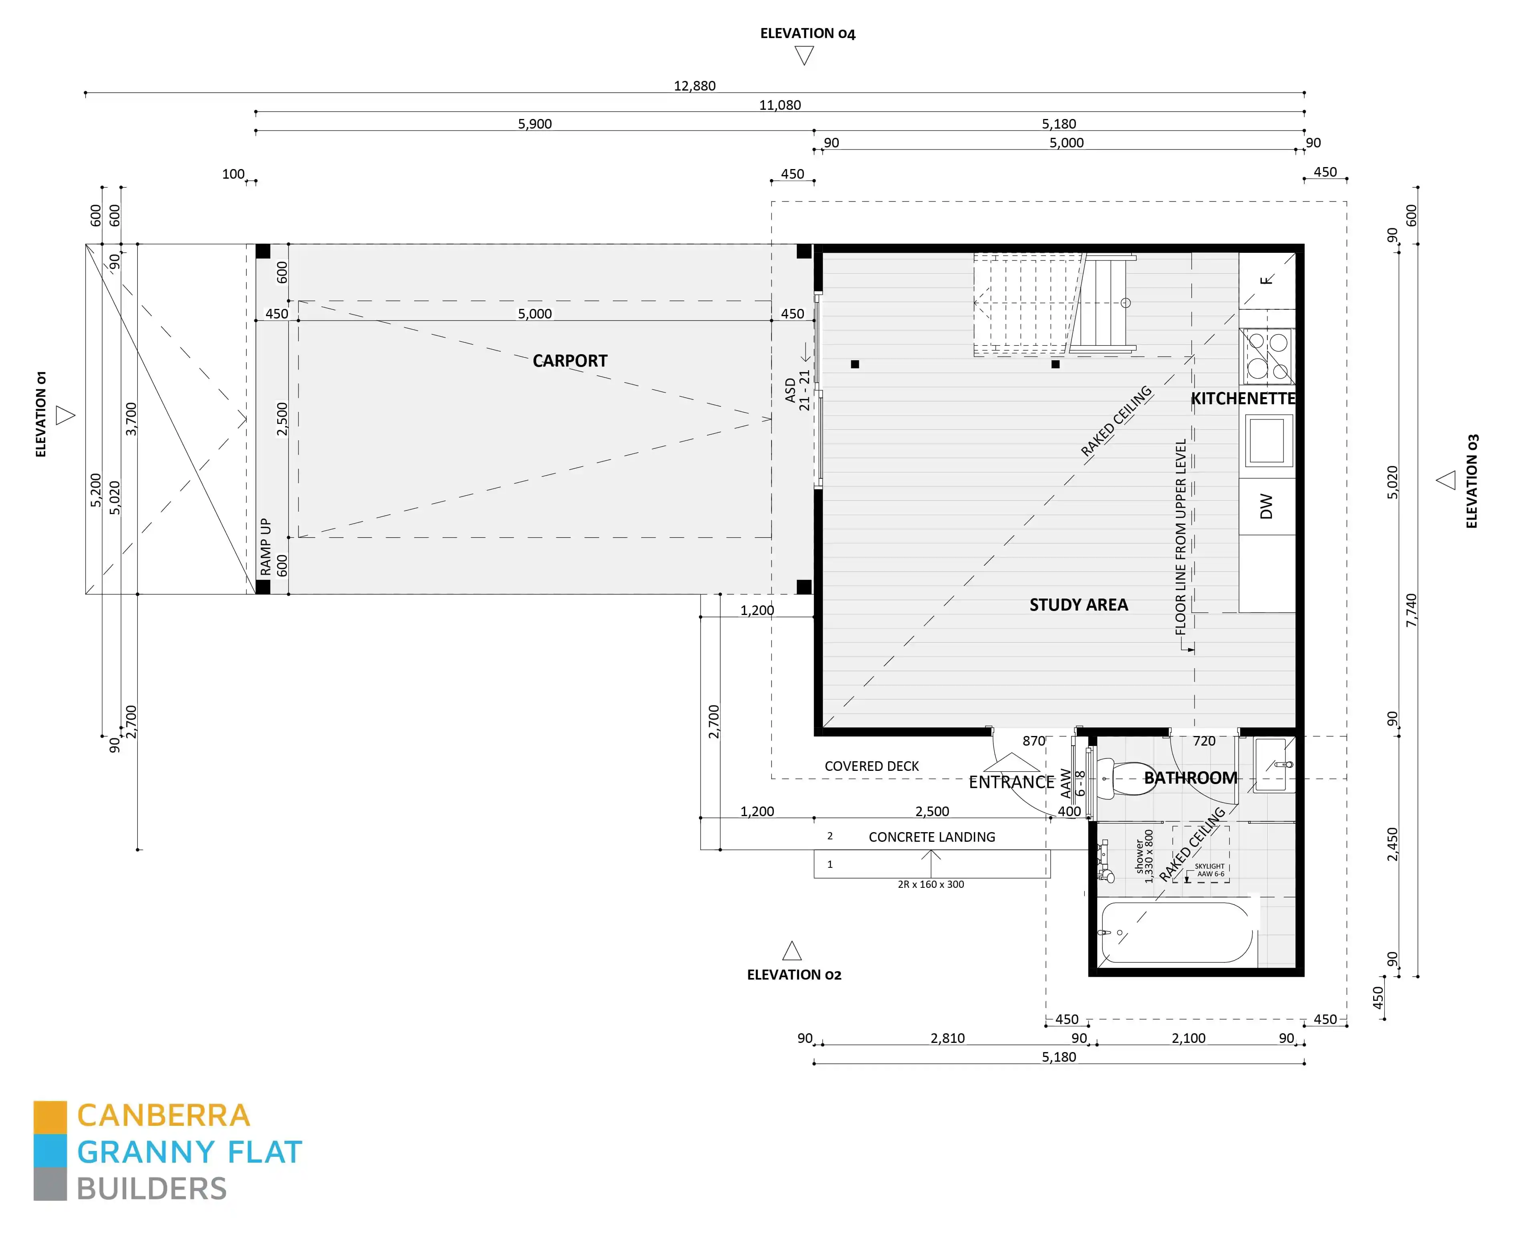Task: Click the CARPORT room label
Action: pos(570,361)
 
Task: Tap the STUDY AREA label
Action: pos(1078,605)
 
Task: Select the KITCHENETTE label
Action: pos(1243,399)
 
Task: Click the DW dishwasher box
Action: pos(1266,506)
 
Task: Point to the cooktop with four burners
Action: pos(1267,355)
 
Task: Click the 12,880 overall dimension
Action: pos(694,86)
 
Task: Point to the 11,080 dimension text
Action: pos(780,105)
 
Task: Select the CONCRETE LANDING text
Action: pos(932,837)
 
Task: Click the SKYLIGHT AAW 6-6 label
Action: pos(1209,870)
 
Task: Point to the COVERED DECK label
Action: pos(872,766)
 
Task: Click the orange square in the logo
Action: pos(50,1117)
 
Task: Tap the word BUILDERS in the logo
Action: pos(151,1189)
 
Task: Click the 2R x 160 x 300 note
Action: pos(931,884)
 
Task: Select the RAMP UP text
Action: pos(266,547)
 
